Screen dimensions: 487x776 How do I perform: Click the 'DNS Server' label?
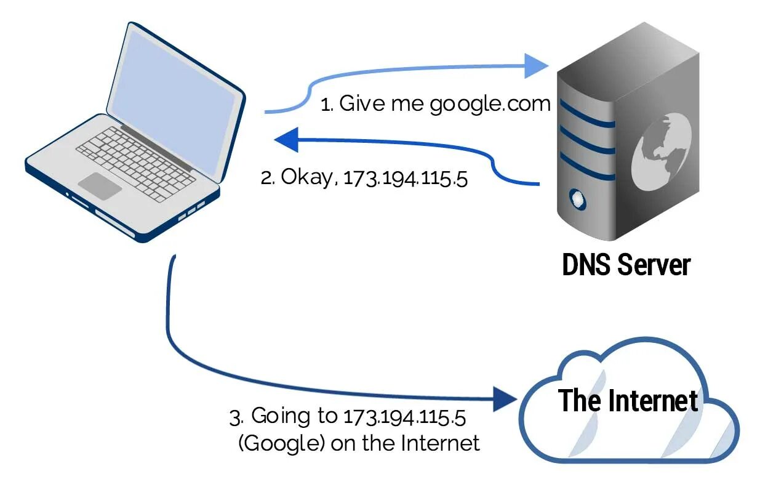(x=626, y=265)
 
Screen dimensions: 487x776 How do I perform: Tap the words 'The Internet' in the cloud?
(x=628, y=401)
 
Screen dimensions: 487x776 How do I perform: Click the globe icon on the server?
(x=662, y=151)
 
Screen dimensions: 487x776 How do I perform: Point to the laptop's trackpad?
(x=100, y=185)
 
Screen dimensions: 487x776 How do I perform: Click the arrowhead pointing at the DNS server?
(x=535, y=66)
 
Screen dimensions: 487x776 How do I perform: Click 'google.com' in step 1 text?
(x=490, y=104)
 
